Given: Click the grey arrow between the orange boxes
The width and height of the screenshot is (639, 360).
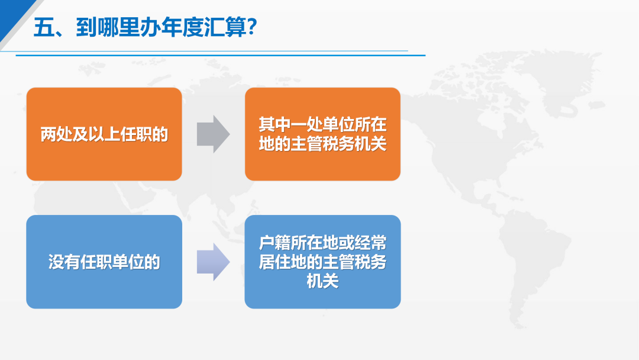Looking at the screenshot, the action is (213, 134).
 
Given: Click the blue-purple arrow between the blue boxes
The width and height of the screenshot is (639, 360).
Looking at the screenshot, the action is (213, 262).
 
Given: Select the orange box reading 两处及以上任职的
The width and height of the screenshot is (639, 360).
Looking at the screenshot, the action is (104, 134).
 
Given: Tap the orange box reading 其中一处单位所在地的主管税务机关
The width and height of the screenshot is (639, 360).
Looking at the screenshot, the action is (322, 134).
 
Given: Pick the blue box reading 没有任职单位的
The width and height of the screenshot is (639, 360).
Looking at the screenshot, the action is (104, 262).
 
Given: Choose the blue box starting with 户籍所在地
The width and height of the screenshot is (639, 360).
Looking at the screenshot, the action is (322, 262).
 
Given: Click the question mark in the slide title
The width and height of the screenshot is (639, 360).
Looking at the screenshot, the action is (251, 27).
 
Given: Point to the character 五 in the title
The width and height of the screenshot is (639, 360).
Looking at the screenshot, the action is (44, 28).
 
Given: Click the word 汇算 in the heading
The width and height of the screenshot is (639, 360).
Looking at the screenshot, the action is (225, 28).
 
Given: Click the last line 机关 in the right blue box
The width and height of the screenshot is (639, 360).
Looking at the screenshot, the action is (322, 281).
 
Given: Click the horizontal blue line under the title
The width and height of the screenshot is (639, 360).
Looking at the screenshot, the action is (221, 55).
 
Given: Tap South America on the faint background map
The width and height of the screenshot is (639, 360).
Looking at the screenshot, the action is (530, 265).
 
